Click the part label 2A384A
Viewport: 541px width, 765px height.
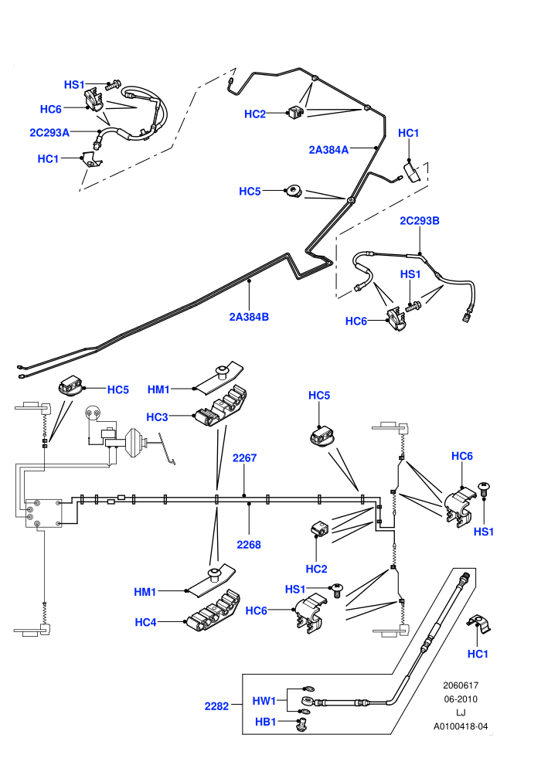pyautogui.click(x=328, y=150)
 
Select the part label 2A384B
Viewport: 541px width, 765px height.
pyautogui.click(x=249, y=317)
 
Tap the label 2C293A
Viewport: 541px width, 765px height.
pyautogui.click(x=49, y=132)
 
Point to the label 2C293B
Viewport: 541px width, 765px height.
pyautogui.click(x=420, y=220)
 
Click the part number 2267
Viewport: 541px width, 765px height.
pyautogui.click(x=244, y=457)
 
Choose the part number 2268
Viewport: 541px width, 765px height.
pyautogui.click(x=249, y=545)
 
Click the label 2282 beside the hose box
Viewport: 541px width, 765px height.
pyautogui.click(x=216, y=706)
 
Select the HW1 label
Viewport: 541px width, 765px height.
pyautogui.click(x=264, y=701)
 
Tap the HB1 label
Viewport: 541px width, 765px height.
pyautogui.click(x=266, y=722)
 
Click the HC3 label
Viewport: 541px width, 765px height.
pyautogui.click(x=157, y=417)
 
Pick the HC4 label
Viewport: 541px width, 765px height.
pyautogui.click(x=145, y=622)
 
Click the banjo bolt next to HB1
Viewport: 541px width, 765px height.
pyautogui.click(x=302, y=724)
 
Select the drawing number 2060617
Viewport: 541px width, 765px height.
pyautogui.click(x=461, y=685)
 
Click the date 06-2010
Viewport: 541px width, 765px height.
pyautogui.click(x=461, y=699)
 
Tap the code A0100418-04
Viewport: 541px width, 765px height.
pyautogui.click(x=461, y=726)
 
